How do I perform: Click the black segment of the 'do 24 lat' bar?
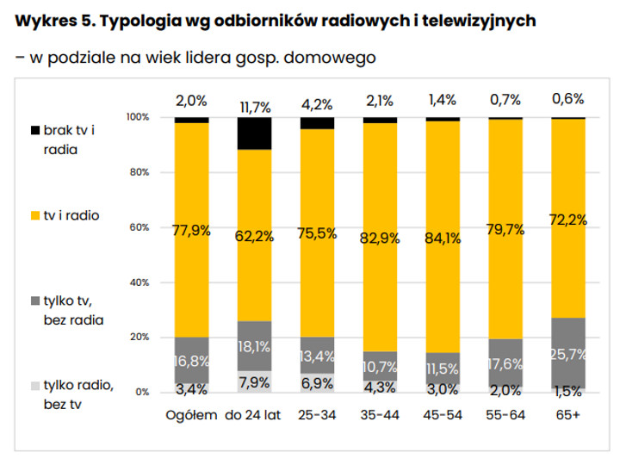tap(254, 133)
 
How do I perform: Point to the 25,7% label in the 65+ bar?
tap(568, 354)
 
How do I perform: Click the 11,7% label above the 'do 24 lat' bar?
tap(254, 107)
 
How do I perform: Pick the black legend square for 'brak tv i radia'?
tap(35, 131)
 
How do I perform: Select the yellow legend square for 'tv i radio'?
tap(35, 215)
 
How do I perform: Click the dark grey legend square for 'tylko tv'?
tap(35, 300)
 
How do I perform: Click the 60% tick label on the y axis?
tap(139, 227)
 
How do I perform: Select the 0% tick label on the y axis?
tap(142, 393)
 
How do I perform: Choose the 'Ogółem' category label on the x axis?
tap(191, 415)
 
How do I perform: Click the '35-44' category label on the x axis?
tap(380, 415)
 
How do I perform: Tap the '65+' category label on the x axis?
tap(568, 415)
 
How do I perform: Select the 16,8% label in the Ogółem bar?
tap(191, 361)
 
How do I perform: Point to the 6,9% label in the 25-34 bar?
tap(317, 383)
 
